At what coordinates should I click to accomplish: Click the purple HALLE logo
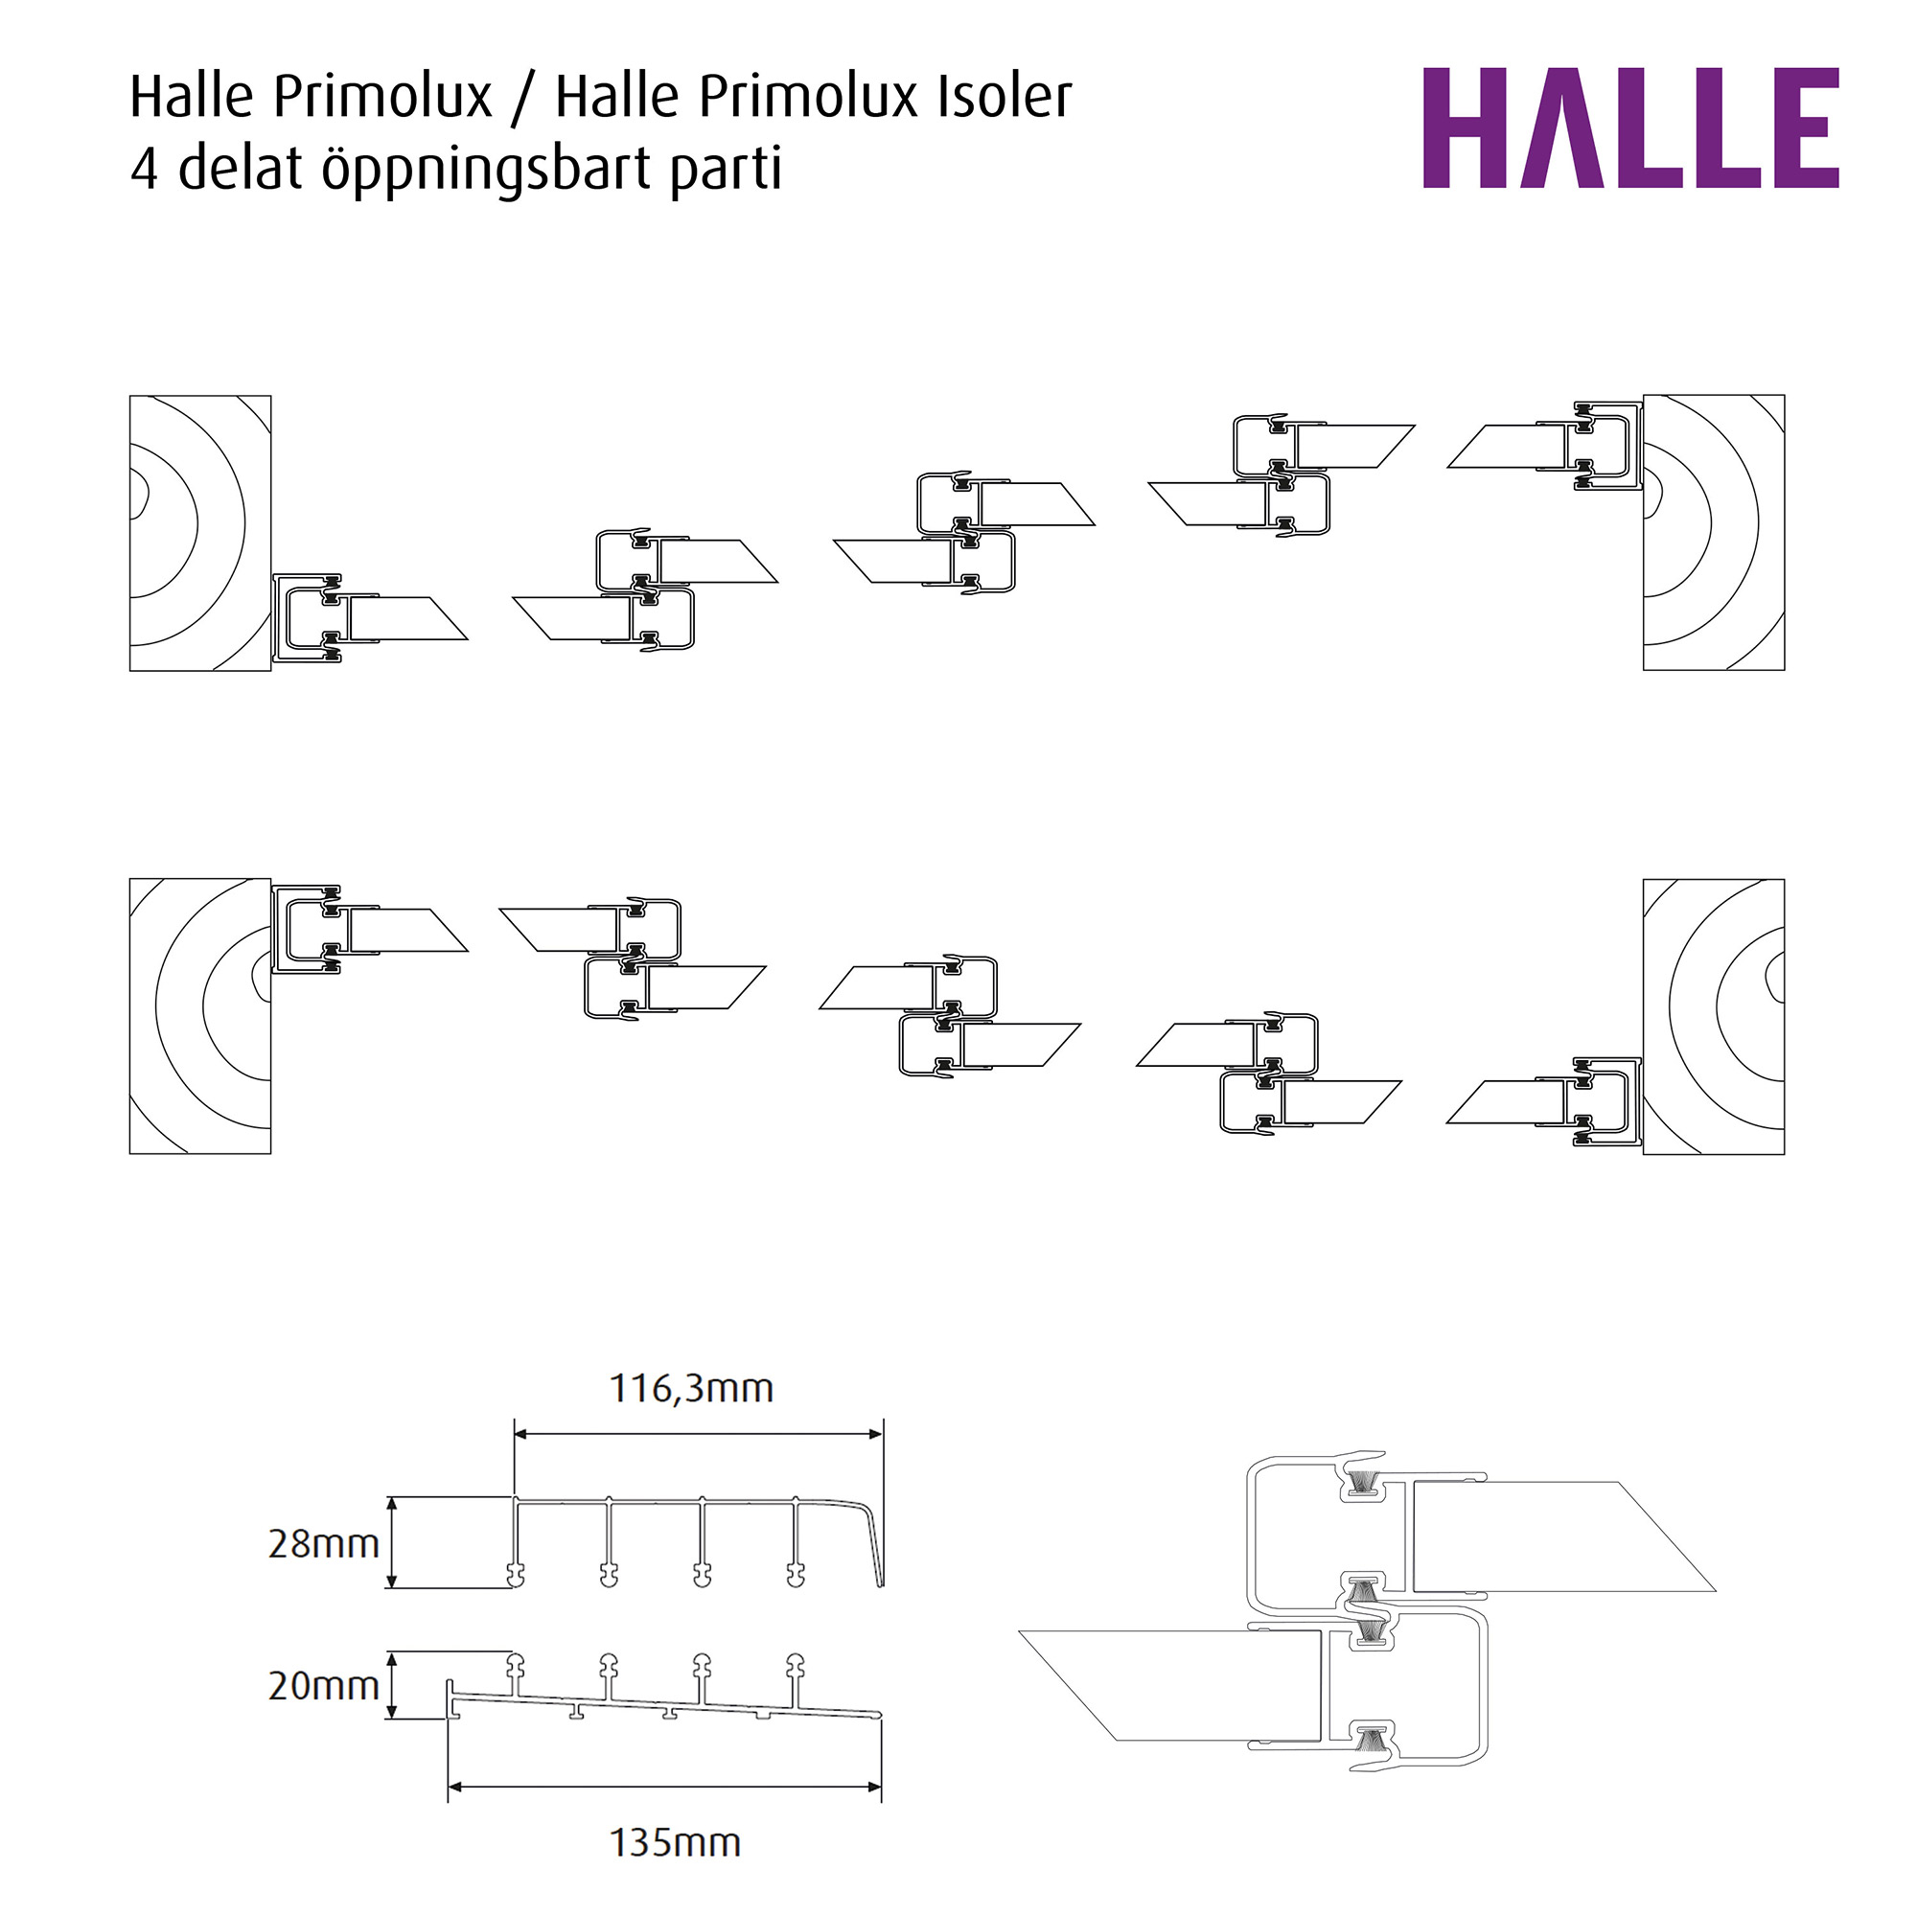coord(1629,128)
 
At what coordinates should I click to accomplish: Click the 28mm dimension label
coord(323,1544)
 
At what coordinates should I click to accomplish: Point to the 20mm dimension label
coord(323,1686)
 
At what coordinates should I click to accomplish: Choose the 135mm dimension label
coord(675,1842)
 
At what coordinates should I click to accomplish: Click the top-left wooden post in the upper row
coord(199,533)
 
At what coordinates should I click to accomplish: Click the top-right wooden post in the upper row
coord(1713,533)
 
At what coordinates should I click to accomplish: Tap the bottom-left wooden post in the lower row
coord(199,1015)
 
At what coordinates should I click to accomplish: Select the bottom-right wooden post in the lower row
coord(1713,1016)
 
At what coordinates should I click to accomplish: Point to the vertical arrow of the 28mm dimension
coord(392,1542)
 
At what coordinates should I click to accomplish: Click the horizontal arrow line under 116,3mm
coord(698,1434)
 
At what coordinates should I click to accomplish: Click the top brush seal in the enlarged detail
coord(1363,1486)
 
